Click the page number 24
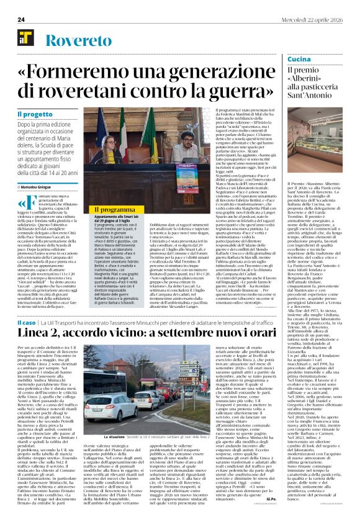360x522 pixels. click(21, 19)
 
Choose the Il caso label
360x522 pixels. click(26, 323)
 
